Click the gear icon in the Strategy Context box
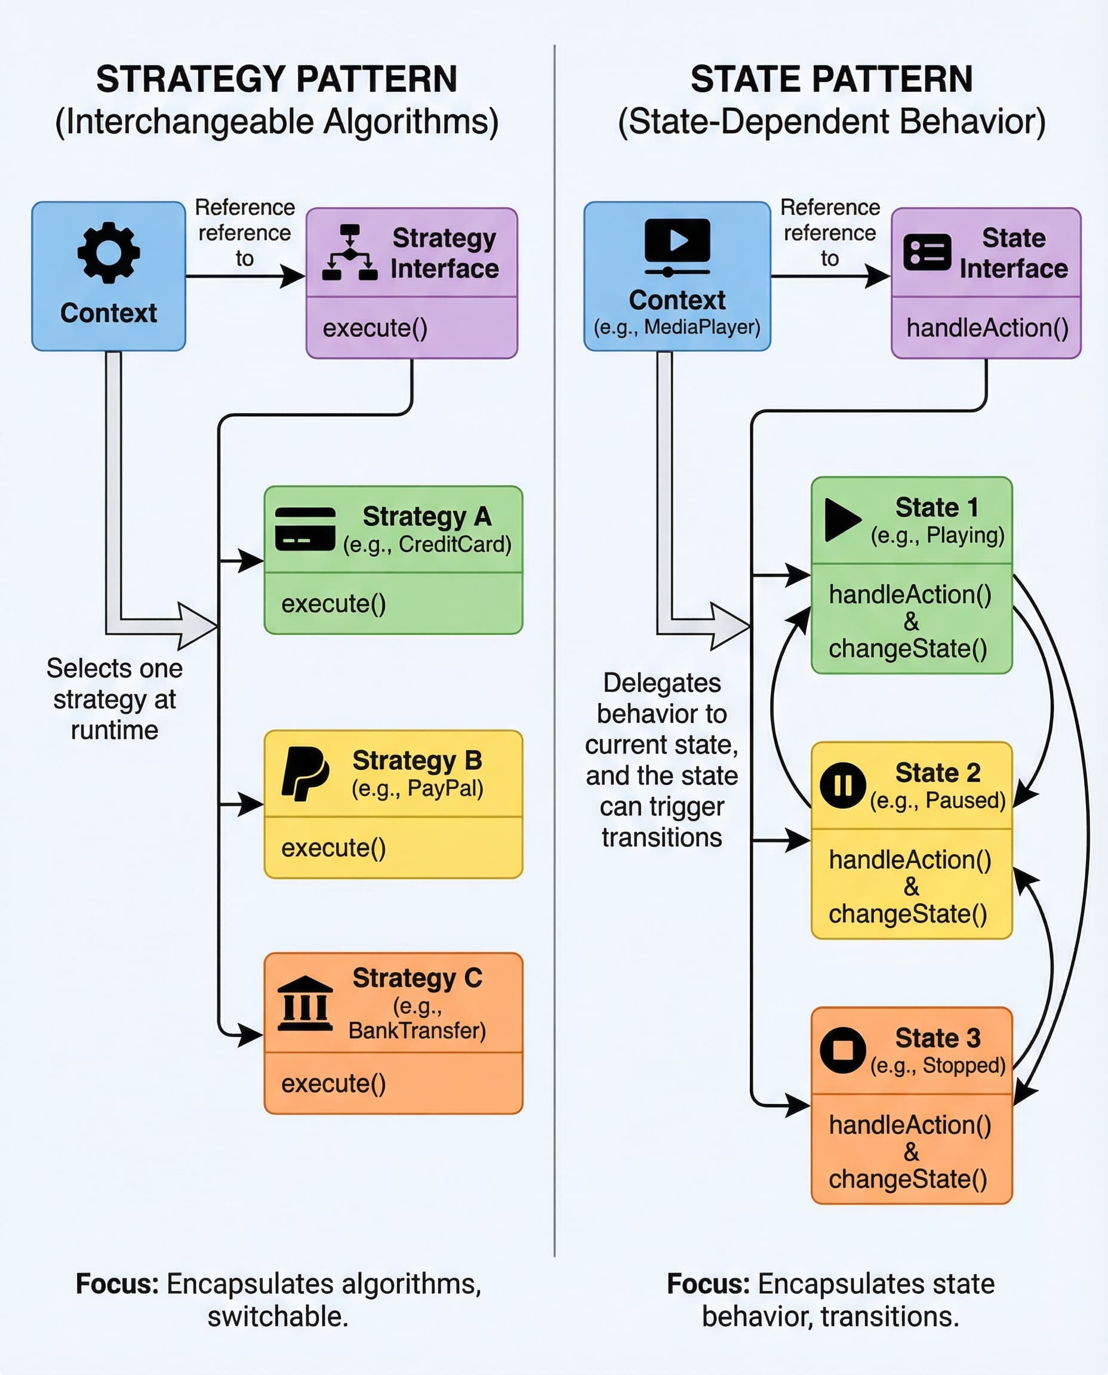click(x=109, y=252)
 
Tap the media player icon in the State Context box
click(x=677, y=246)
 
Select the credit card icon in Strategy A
click(x=305, y=529)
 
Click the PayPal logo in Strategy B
click(x=305, y=773)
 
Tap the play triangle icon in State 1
click(x=842, y=520)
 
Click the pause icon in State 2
click(x=842, y=785)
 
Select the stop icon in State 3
click(x=842, y=1050)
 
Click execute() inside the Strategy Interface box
click(x=376, y=328)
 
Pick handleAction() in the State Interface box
click(x=987, y=328)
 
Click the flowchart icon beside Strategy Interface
click(x=350, y=252)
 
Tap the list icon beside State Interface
click(x=927, y=252)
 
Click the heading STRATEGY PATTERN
click(x=276, y=79)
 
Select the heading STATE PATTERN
click(x=831, y=79)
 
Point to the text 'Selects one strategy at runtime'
click(x=115, y=699)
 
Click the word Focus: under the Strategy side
click(x=118, y=1284)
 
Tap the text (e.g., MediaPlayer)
click(x=677, y=327)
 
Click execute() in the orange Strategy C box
click(x=334, y=1083)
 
